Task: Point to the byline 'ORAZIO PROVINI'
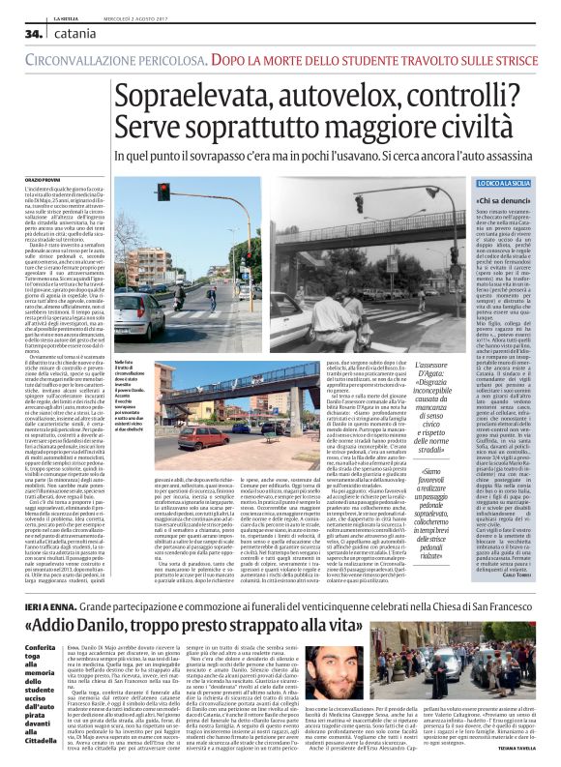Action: [x=43, y=180]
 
